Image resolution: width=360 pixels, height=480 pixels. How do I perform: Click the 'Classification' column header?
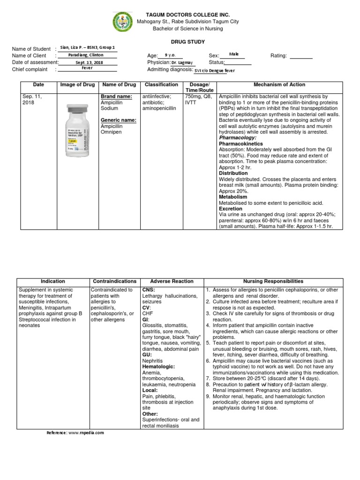click(161, 85)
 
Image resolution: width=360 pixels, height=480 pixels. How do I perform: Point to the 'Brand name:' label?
click(115, 97)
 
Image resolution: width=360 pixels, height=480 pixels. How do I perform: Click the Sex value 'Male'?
click(234, 54)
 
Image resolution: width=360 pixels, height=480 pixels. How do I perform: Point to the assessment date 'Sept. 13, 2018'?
click(85, 62)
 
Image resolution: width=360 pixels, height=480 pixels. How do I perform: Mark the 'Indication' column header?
click(53, 281)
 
